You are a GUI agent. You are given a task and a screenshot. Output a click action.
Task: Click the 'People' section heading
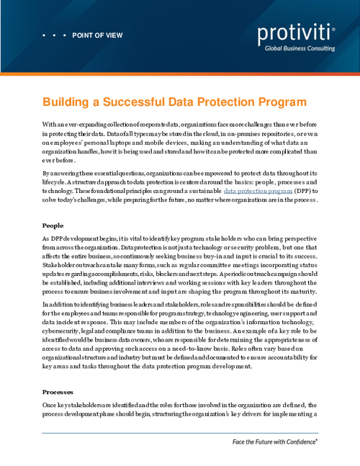pos(53,225)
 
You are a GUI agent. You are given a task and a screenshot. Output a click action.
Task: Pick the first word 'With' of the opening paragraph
pos(50,125)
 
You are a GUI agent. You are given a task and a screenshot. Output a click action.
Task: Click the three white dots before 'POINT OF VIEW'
pos(54,35)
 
